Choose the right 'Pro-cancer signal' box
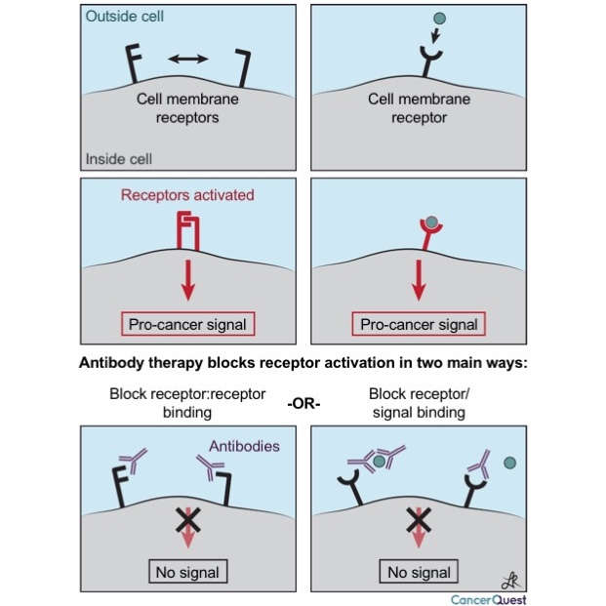420,324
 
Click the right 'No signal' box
420,571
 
